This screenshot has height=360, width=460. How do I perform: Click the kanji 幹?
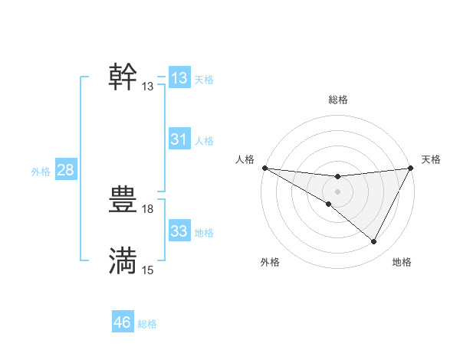click(x=123, y=77)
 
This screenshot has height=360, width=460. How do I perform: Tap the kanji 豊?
click(x=123, y=200)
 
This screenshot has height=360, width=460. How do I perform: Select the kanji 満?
click(x=123, y=261)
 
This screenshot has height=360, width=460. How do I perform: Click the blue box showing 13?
click(x=179, y=77)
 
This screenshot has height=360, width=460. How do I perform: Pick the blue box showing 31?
click(x=179, y=139)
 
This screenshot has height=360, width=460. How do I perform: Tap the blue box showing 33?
click(x=179, y=231)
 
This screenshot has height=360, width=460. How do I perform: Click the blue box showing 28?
click(x=65, y=170)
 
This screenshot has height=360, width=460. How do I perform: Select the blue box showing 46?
click(x=123, y=322)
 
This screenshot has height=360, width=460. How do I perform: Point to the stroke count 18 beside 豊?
click(x=148, y=208)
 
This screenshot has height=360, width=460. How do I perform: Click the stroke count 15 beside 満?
click(x=148, y=270)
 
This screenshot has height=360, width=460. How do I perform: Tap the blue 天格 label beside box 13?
click(x=204, y=80)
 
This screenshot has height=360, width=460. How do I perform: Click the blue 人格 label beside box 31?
click(x=204, y=141)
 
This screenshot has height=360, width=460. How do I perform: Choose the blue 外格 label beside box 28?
click(x=41, y=172)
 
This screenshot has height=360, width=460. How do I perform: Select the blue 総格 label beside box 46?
click(x=147, y=325)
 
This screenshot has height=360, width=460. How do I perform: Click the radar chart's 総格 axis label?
click(x=337, y=100)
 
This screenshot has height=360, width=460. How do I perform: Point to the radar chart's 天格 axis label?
click(x=431, y=159)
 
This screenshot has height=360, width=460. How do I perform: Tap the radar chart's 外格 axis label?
click(x=270, y=263)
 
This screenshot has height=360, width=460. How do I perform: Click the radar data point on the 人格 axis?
click(x=264, y=168)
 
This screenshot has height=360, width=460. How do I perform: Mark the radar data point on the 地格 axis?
click(x=374, y=242)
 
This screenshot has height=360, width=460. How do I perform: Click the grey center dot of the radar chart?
click(x=337, y=191)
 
